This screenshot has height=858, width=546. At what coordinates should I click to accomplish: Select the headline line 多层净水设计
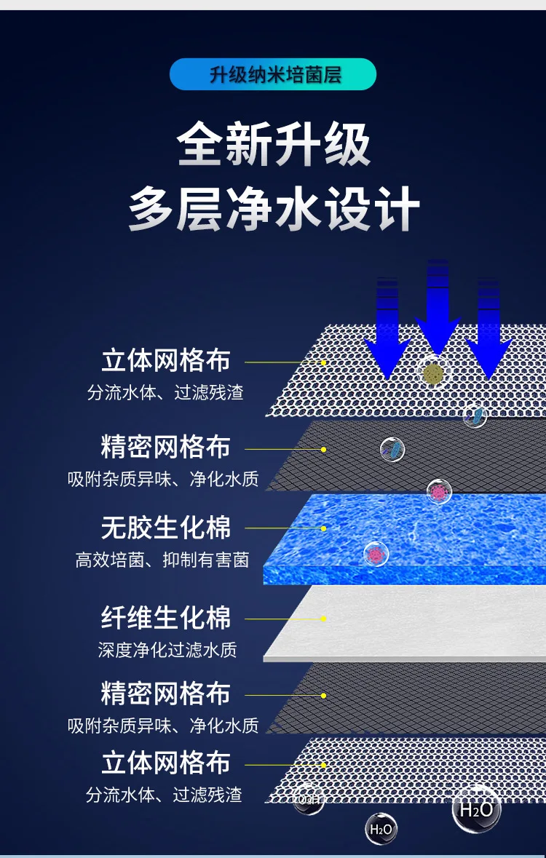tap(274, 208)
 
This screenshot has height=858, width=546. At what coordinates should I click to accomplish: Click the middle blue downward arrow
tap(438, 309)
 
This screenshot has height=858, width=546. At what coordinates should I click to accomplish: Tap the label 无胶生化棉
tap(165, 528)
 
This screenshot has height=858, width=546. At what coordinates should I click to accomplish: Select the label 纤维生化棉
tap(165, 619)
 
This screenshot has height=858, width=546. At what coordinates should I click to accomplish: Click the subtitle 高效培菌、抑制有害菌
tap(162, 560)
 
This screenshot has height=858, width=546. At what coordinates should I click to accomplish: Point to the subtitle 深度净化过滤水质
tap(167, 650)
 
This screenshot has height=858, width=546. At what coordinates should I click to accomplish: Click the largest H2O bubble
tap(477, 808)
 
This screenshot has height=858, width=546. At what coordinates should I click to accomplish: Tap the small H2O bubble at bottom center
tap(381, 828)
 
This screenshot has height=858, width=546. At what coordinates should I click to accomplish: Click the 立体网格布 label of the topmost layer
tap(165, 361)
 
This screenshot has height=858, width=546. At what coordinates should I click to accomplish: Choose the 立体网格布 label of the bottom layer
tap(165, 763)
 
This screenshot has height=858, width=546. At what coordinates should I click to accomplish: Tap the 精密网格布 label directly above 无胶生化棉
tap(165, 448)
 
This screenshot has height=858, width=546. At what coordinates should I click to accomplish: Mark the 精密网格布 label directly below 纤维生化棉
tap(165, 694)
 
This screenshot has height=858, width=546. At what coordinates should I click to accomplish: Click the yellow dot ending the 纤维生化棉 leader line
tap(324, 619)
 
